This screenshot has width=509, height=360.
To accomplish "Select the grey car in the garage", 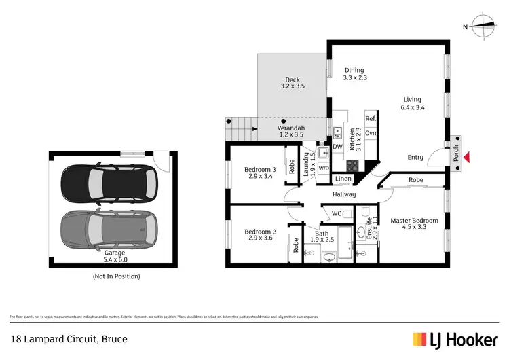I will coord(109,228).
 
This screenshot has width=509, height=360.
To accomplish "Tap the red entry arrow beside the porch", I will coord(465,158).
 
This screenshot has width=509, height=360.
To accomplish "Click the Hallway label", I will coord(344,195).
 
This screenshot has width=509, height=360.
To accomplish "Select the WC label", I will coord(337,214).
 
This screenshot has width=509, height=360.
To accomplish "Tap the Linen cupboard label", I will coord(343,179).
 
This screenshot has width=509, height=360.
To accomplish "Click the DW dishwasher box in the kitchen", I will coord(337,147).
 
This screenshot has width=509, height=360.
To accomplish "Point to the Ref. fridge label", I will coord(371,119).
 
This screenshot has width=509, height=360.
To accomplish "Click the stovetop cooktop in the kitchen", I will coord(352,165).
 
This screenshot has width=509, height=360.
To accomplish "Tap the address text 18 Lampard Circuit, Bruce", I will coord(69,338).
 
